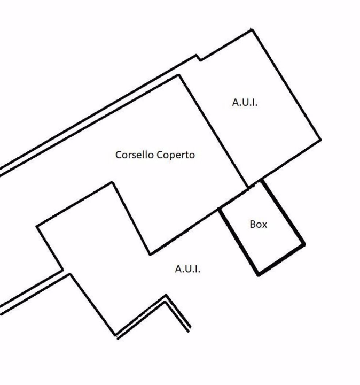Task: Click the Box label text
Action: pos(258,225)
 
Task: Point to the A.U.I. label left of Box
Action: pos(187,269)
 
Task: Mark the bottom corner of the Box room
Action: pos(259,275)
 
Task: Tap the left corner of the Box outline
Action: pos(220,209)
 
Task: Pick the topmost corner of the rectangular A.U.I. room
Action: pos(252,30)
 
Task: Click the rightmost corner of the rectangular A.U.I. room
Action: pos(320,140)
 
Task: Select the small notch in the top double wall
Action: pos(198,57)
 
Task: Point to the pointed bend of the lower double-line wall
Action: pos(166,296)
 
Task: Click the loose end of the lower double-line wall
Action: pos(189,330)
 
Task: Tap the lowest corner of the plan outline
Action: pos(116,336)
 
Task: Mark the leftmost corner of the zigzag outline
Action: pos(36,227)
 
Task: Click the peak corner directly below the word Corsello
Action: pos(112,182)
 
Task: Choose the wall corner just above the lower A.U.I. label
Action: pos(150,254)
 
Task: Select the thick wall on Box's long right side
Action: pos(283,213)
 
